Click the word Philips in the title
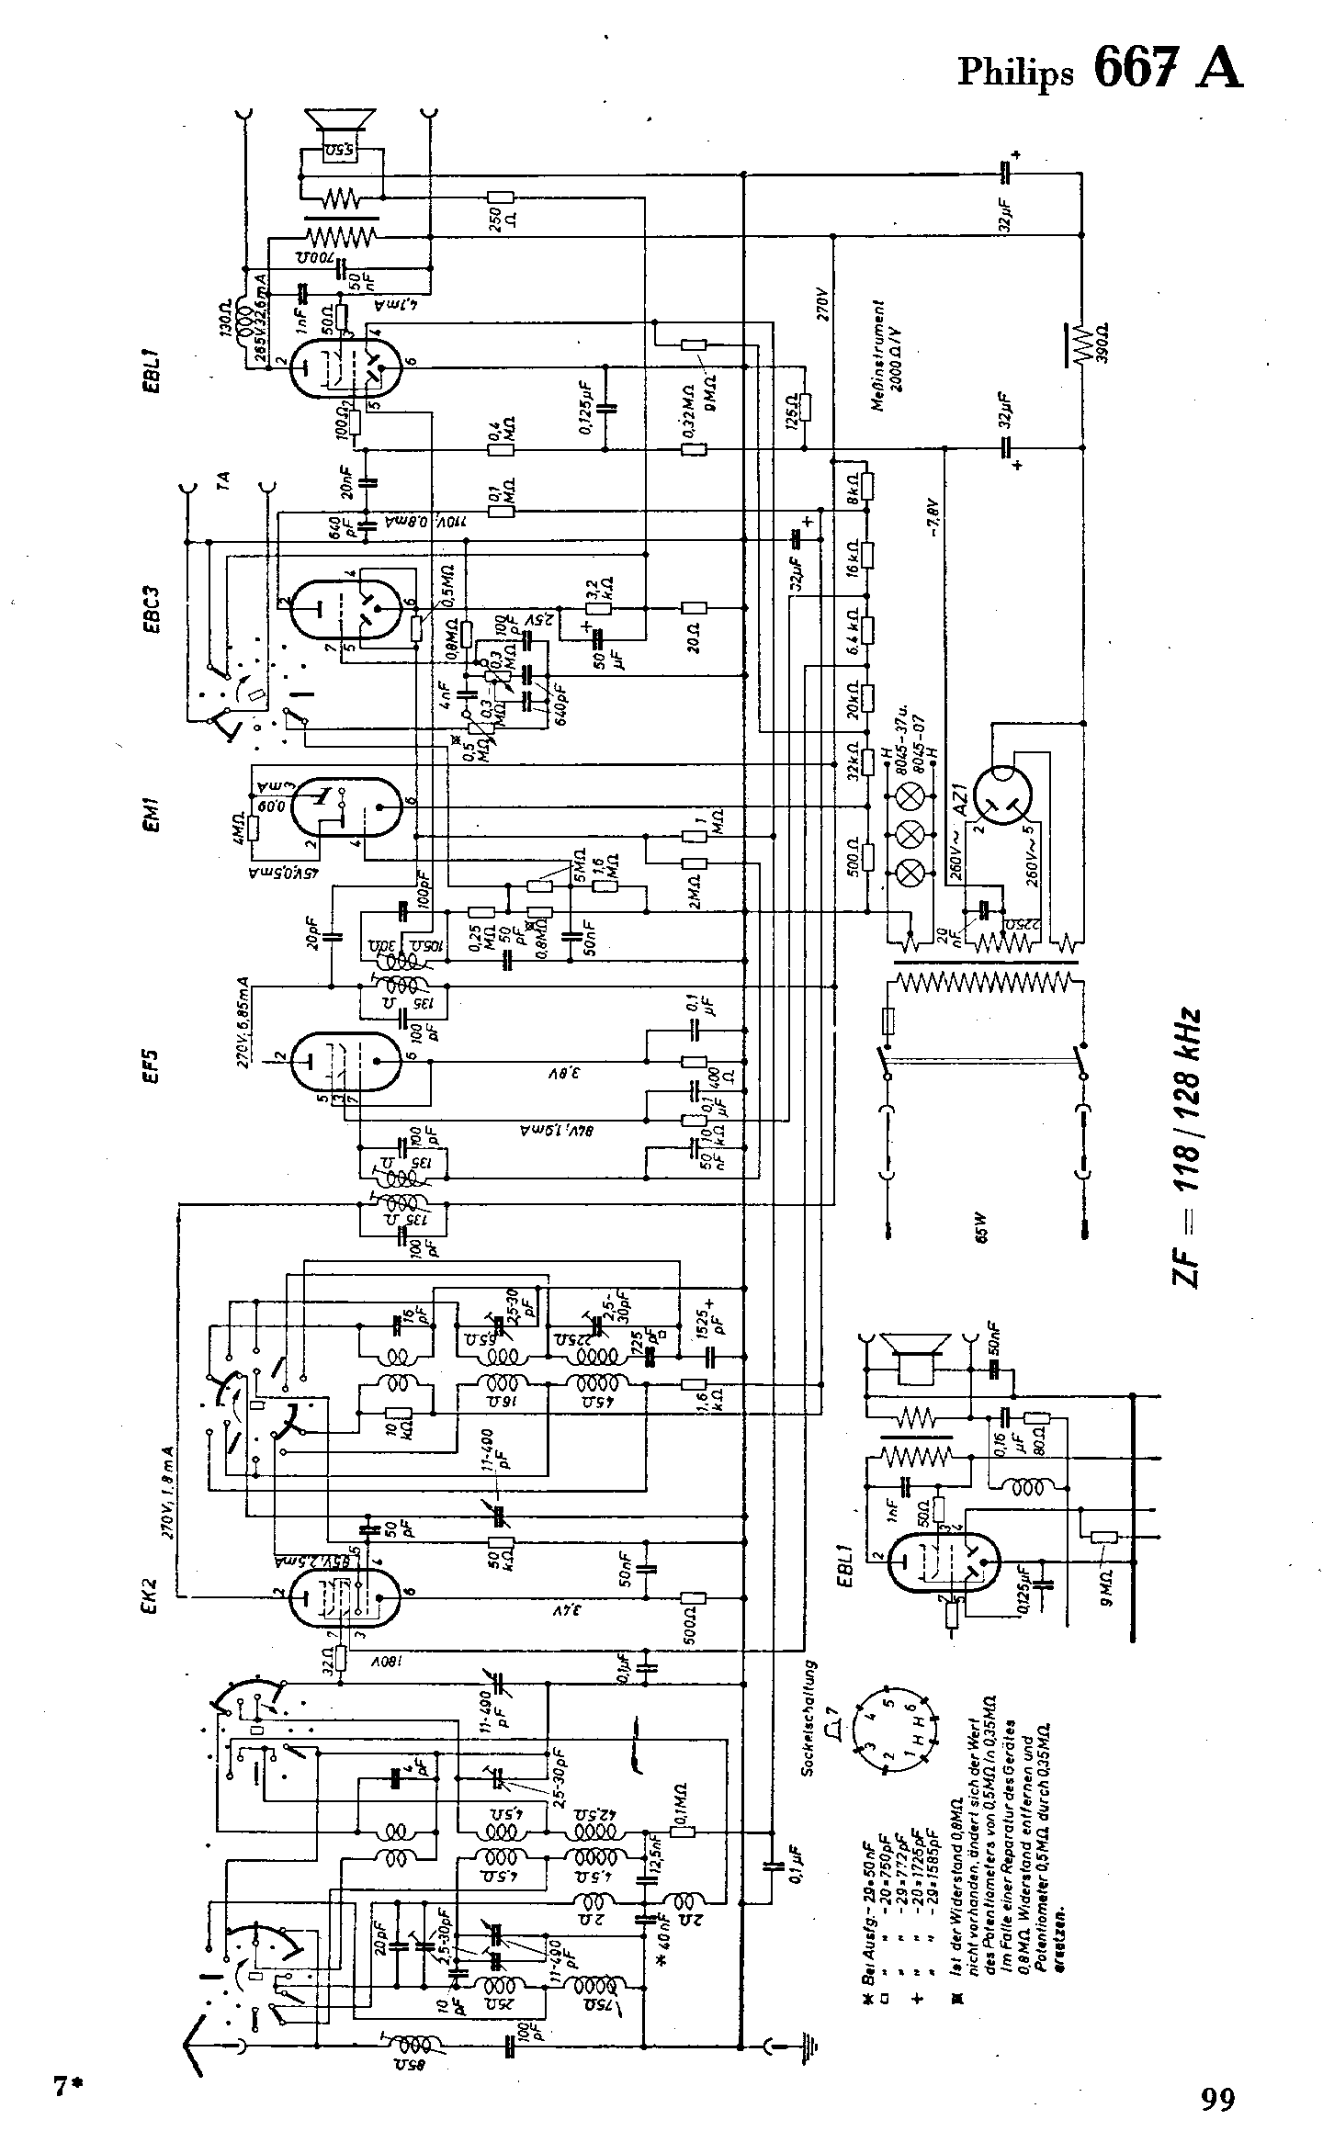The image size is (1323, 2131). point(1015,73)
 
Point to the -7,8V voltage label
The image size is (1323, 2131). point(934,519)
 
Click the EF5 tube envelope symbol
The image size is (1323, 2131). point(345,1058)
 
